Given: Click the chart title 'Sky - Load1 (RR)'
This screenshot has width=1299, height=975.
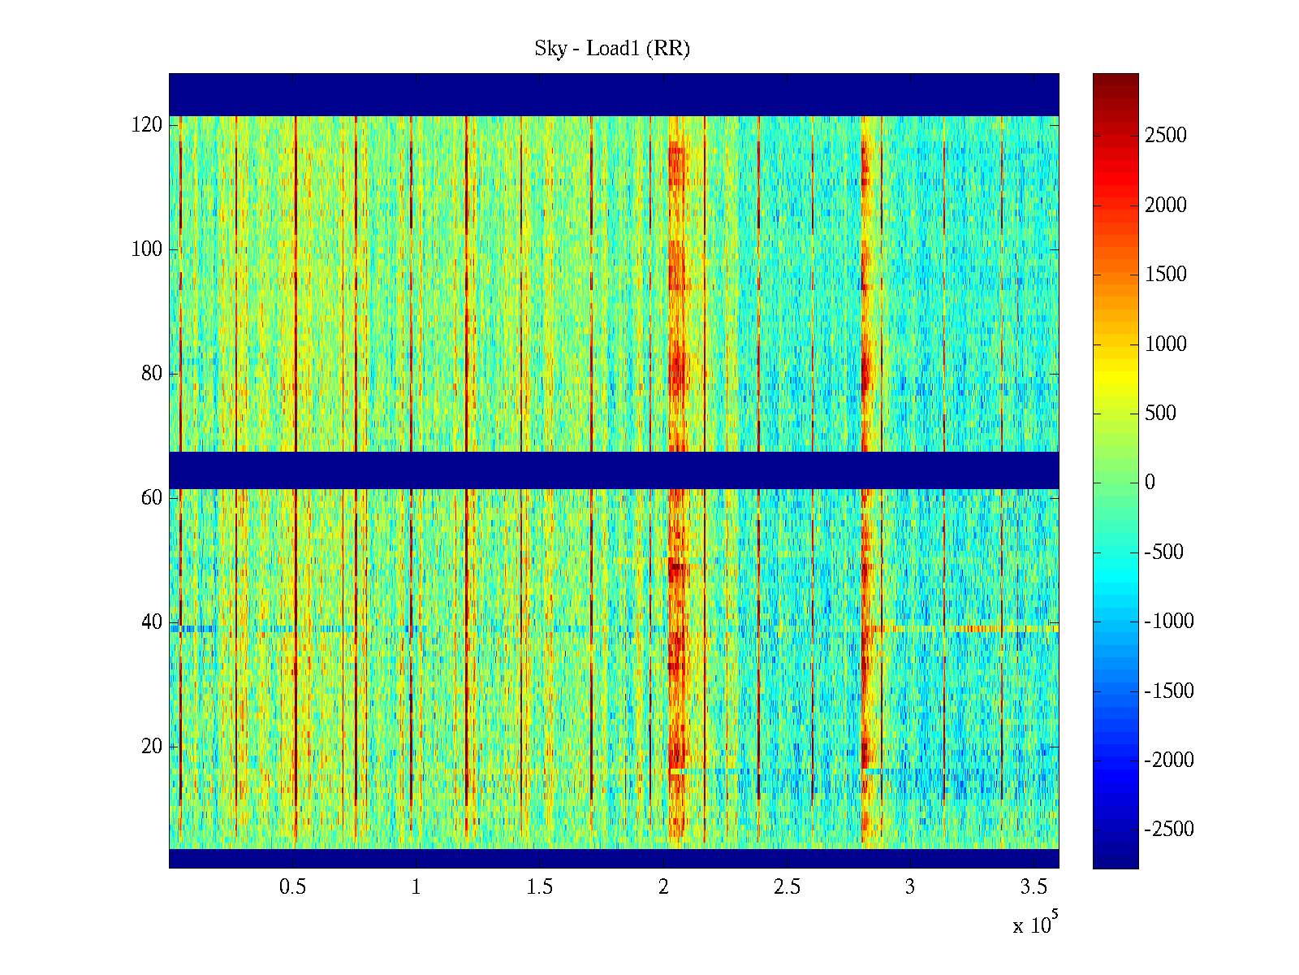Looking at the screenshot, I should click(611, 49).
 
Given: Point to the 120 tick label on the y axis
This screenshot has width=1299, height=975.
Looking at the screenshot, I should click(147, 125).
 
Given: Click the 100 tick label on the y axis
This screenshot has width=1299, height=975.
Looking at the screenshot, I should click(147, 249).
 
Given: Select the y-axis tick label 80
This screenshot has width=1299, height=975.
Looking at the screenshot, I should click(152, 374).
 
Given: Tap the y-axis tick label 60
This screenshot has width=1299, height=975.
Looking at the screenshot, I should click(152, 498).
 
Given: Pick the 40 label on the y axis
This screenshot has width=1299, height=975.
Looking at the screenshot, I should click(152, 622).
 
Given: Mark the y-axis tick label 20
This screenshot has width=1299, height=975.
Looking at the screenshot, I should click(152, 747).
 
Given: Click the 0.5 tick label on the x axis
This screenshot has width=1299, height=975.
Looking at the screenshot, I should click(292, 887).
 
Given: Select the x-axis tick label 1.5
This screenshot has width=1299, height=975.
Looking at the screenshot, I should click(539, 887).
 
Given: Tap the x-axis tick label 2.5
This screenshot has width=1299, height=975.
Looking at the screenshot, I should click(787, 887).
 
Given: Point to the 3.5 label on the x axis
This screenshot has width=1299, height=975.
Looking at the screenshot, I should click(1034, 887).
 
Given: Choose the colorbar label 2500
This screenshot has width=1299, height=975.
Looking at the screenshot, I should click(1166, 136).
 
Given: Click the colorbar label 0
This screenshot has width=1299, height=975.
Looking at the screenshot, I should click(1150, 483).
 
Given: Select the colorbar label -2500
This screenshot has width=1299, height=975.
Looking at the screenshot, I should click(1169, 830).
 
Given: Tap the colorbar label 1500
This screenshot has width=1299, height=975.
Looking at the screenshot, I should click(1166, 275).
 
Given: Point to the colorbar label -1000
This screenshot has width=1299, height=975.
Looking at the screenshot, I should click(1169, 622).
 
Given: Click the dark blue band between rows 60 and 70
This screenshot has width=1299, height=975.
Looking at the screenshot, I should click(614, 470).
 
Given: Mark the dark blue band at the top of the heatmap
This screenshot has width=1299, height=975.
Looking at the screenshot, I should click(614, 94).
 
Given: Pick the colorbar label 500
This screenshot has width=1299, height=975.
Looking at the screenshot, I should click(1160, 414).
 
